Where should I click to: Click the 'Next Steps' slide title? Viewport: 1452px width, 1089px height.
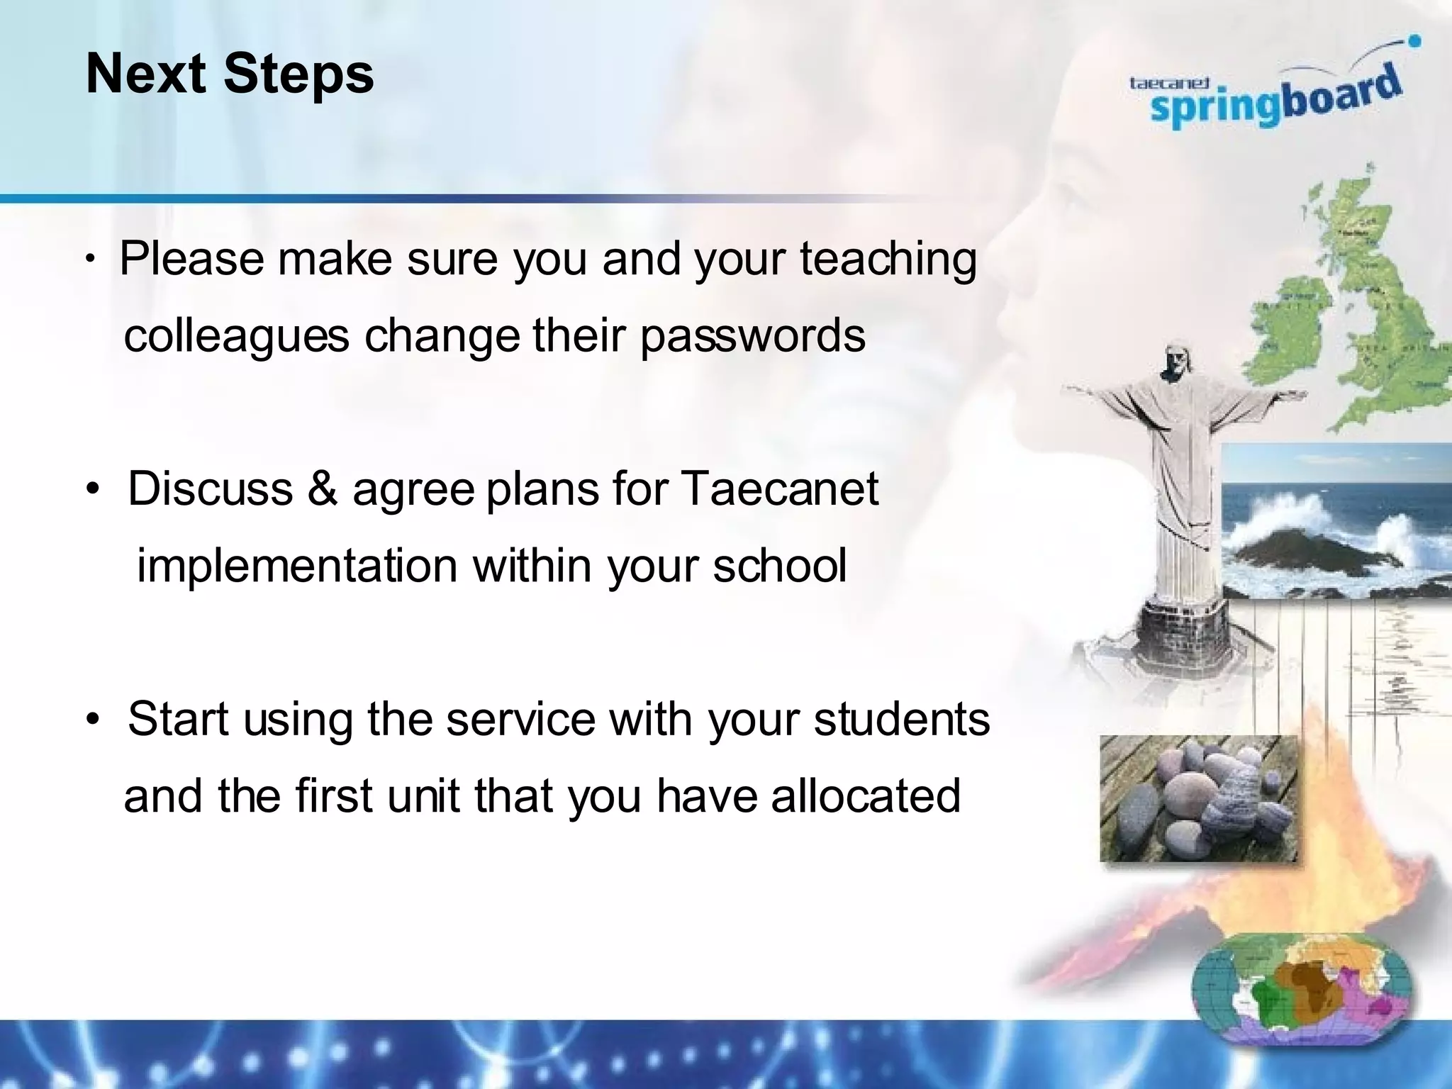pos(229,74)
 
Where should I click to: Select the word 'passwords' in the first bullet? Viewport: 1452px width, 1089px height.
pos(752,335)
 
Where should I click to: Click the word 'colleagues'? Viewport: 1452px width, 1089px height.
pos(236,335)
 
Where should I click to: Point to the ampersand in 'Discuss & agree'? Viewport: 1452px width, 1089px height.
pos(322,489)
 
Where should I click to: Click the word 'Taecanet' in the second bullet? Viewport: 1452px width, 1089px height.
pos(779,489)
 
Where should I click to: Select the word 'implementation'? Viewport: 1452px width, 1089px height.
pos(296,566)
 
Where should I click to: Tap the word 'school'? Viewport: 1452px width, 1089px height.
pos(779,566)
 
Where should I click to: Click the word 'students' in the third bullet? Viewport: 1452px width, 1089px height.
pos(901,719)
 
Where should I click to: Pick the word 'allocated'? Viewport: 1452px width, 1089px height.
pos(866,796)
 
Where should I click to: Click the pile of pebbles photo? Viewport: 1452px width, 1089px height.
pos(1198,799)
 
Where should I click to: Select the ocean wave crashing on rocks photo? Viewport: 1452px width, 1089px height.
pos(1336,521)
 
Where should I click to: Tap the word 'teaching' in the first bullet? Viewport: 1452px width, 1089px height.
pos(888,259)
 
